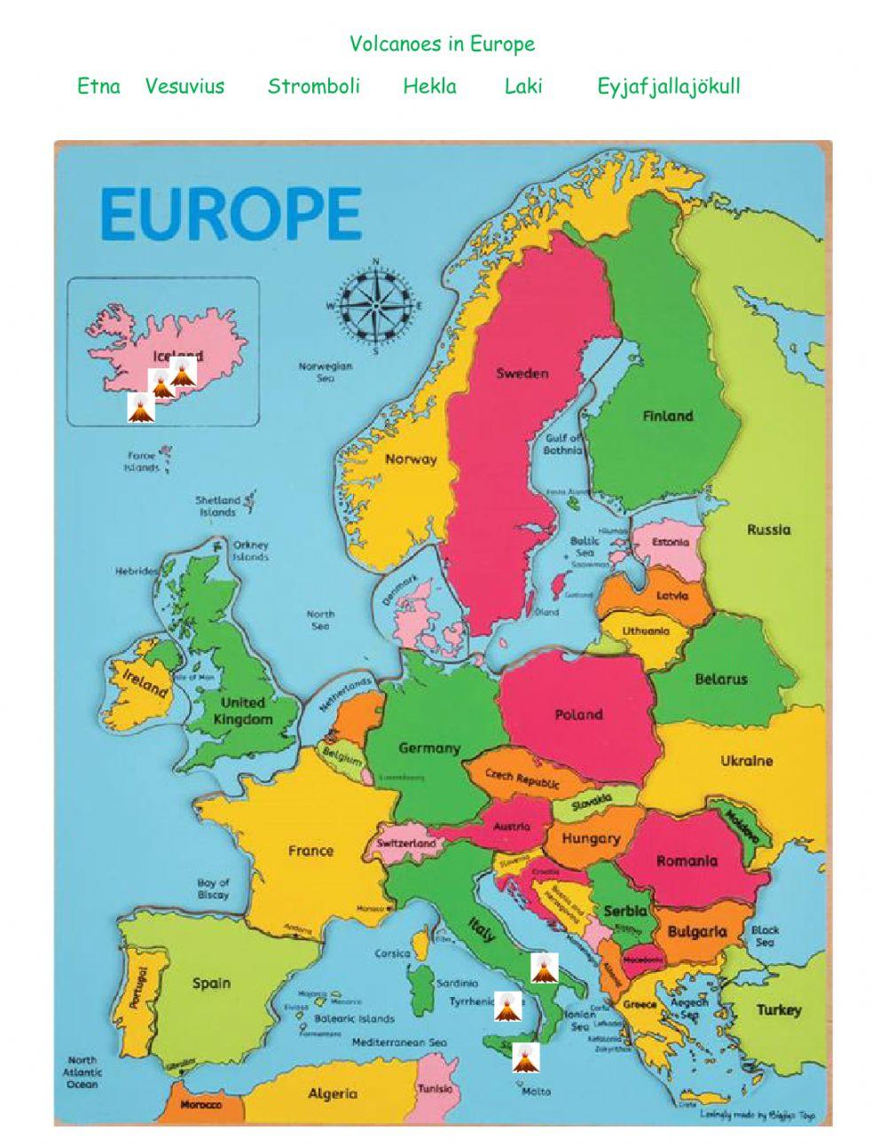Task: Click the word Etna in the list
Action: pos(98,86)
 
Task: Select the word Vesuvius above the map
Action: pos(184,86)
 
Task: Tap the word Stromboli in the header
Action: pos(313,86)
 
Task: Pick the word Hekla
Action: pos(429,86)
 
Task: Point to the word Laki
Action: pos(522,86)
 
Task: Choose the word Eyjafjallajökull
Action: pos(668,87)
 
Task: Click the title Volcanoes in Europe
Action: pos(442,43)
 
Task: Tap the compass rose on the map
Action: pos(375,306)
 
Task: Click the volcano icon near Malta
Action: pos(525,1056)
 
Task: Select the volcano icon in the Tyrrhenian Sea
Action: pos(506,1006)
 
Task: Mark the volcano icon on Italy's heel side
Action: pos(543,968)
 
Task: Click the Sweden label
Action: pos(522,373)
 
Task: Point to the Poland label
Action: pos(578,714)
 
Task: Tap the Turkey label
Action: pos(778,1009)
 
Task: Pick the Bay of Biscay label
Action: pos(213,889)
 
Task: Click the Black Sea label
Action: pos(765,936)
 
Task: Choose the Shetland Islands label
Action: pos(217,506)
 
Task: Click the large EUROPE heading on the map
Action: pos(231,214)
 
